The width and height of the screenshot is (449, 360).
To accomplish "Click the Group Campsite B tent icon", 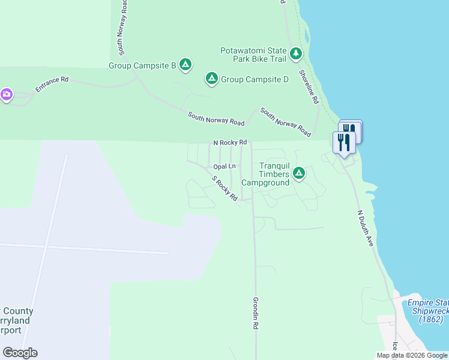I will coord(185,65).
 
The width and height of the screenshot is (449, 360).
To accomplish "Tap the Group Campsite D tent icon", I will coord(211,79).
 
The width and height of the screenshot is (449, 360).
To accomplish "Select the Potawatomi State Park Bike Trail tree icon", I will coord(295,55).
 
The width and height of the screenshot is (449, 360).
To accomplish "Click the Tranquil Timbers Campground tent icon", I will coord(298,174).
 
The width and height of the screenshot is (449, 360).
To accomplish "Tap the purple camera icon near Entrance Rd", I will coord(6,95).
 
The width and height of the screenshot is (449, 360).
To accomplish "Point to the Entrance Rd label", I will coord(52,84).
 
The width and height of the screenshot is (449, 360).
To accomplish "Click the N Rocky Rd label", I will coord(230,143).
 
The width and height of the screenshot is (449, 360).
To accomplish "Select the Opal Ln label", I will coord(224,166).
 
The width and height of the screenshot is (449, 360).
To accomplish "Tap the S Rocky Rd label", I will coord(225,188).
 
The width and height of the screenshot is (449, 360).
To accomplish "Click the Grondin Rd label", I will coord(255,313).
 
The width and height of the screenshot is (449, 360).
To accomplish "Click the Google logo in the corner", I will coord(20,353).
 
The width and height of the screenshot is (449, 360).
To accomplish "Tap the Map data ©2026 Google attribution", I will coord(411,355).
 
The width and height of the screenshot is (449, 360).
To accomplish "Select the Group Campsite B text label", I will coord(142,65).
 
